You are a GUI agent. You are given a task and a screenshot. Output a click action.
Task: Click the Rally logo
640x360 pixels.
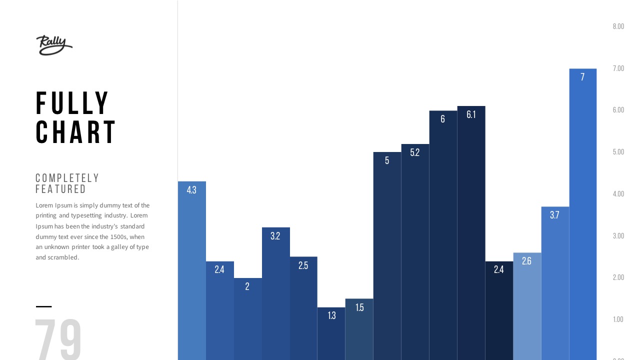tap(54, 45)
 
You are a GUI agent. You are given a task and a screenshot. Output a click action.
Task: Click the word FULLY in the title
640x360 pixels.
tap(72, 103)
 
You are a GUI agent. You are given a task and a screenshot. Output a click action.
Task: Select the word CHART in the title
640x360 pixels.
tap(76, 132)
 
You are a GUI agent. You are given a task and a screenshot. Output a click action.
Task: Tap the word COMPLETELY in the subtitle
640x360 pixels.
tap(67, 178)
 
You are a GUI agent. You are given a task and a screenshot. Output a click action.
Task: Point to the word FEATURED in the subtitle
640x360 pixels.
tap(61, 189)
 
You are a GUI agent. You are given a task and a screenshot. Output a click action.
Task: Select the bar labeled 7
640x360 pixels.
tap(582, 215)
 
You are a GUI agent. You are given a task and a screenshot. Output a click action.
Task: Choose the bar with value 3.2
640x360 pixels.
tap(275, 295)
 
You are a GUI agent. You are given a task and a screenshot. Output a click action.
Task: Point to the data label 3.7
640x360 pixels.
tap(554, 215)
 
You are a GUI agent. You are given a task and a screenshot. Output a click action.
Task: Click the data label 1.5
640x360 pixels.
tap(359, 307)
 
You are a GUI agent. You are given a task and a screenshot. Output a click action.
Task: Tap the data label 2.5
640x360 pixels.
tap(303, 265)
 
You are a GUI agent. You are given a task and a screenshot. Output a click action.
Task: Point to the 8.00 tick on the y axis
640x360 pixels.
tap(618, 26)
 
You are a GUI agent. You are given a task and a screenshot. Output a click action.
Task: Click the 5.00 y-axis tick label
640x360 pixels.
tap(618, 152)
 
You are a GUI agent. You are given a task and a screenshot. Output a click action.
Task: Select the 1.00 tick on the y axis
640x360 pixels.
tap(618, 319)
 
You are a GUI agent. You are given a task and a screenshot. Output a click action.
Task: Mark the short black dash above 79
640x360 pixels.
tap(43, 306)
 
